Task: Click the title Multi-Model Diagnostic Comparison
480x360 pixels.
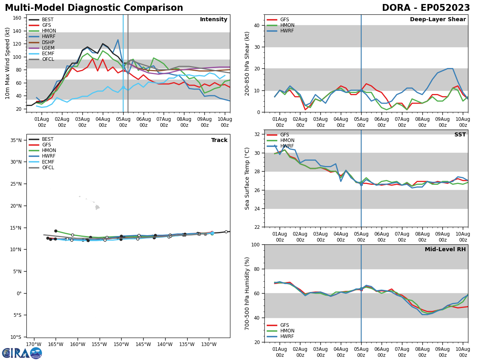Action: [94, 8]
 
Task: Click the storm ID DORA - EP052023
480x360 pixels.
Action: [426, 8]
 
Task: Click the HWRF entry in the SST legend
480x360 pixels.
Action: [287, 146]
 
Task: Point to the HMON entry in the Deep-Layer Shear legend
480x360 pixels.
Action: [287, 25]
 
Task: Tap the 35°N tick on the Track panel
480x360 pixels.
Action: [16, 140]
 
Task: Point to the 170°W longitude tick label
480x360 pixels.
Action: [34, 344]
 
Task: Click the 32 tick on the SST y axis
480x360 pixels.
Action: [257, 134]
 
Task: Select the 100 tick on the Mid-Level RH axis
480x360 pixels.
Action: [255, 244]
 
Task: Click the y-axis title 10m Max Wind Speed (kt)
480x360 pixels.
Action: [8, 63]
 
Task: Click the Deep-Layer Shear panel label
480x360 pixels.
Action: [438, 20]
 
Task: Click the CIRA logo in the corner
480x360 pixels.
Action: [22, 353]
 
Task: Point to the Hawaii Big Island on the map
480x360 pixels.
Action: [97, 207]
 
